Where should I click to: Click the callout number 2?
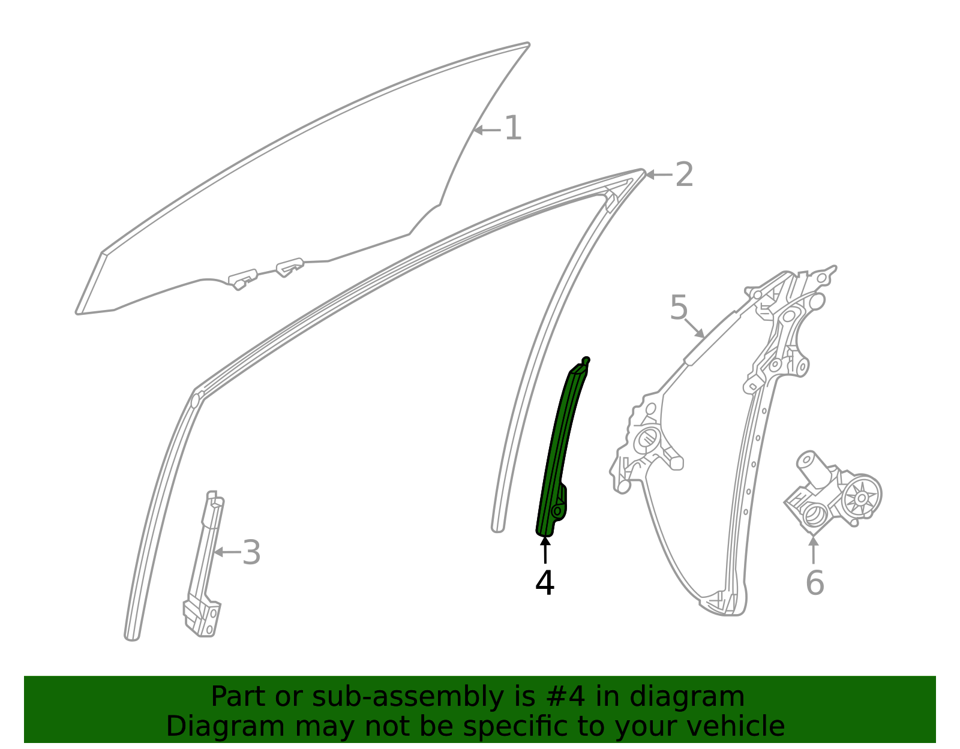(685, 175)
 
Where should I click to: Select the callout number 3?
(251, 552)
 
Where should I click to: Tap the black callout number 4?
(545, 583)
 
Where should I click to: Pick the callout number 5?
(679, 308)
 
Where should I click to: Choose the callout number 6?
(814, 583)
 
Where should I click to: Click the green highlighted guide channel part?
(555, 450)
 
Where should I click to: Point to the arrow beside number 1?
(487, 130)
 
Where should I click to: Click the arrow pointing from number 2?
(659, 175)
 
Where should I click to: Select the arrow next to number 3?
(227, 552)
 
